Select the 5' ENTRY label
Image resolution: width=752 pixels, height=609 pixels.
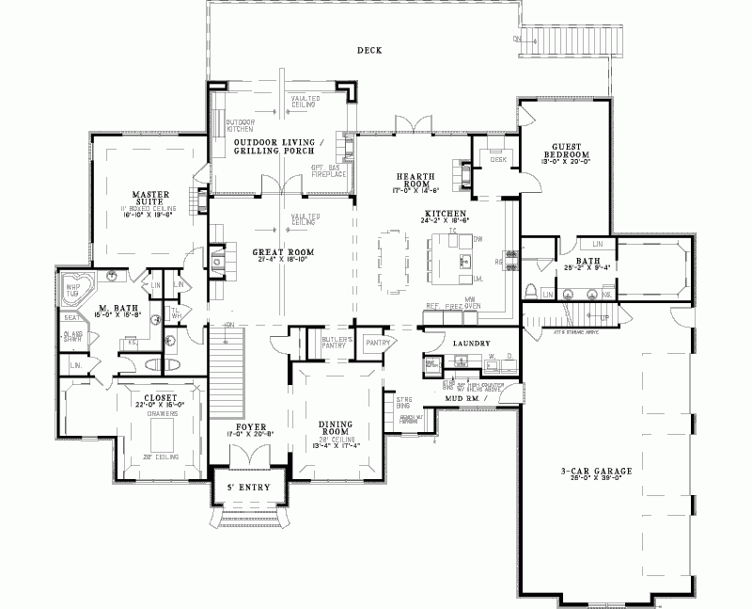coord(249,487)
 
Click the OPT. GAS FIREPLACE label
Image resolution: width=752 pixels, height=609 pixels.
coord(330,170)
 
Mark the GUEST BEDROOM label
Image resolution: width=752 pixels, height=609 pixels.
coord(571,151)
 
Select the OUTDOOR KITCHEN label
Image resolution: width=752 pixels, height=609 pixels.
coord(240,124)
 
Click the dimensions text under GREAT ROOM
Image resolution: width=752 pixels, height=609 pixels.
coord(281,262)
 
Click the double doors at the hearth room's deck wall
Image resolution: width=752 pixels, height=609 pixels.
coord(413,127)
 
